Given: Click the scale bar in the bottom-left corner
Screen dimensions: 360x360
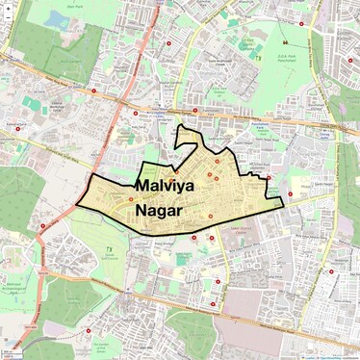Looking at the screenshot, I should pyautogui.click(x=13, y=353).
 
